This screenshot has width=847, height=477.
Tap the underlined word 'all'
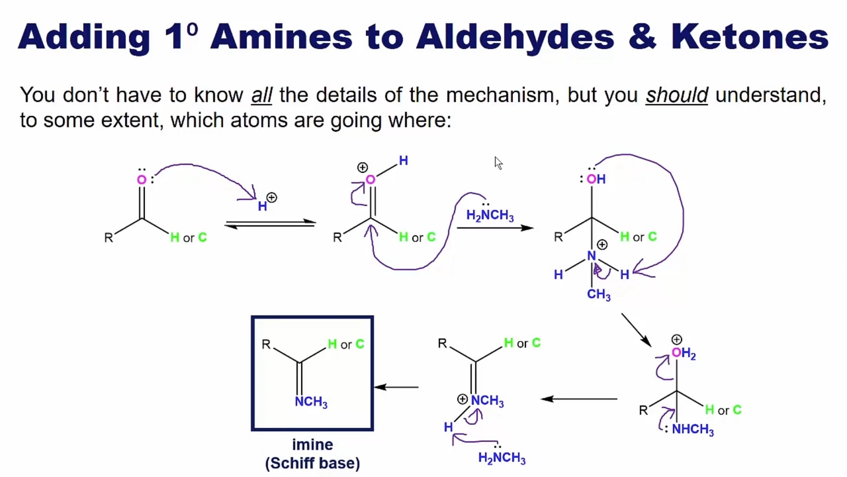261,95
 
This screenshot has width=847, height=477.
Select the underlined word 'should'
677,95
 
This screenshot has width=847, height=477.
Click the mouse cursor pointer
498,163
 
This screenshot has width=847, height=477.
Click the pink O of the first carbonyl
142,180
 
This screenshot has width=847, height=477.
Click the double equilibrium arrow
270,224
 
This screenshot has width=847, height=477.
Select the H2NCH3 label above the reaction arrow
490,215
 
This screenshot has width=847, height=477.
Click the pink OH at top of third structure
596,179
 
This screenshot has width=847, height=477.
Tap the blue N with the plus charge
592,256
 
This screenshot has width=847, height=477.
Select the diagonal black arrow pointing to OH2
637,330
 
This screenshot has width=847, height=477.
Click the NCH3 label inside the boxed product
311,401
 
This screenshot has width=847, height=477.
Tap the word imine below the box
312,445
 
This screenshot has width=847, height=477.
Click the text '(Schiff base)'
312,463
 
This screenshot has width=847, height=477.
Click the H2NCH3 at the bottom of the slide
502,458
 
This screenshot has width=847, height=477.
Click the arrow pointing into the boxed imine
396,388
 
